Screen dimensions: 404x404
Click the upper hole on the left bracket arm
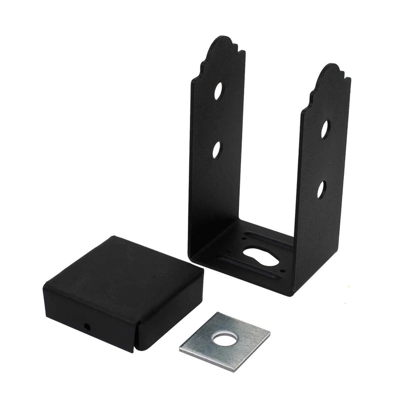219,91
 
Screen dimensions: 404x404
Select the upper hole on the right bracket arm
325,129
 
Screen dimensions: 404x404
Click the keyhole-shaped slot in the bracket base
260,257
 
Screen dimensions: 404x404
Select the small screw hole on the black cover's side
87,327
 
